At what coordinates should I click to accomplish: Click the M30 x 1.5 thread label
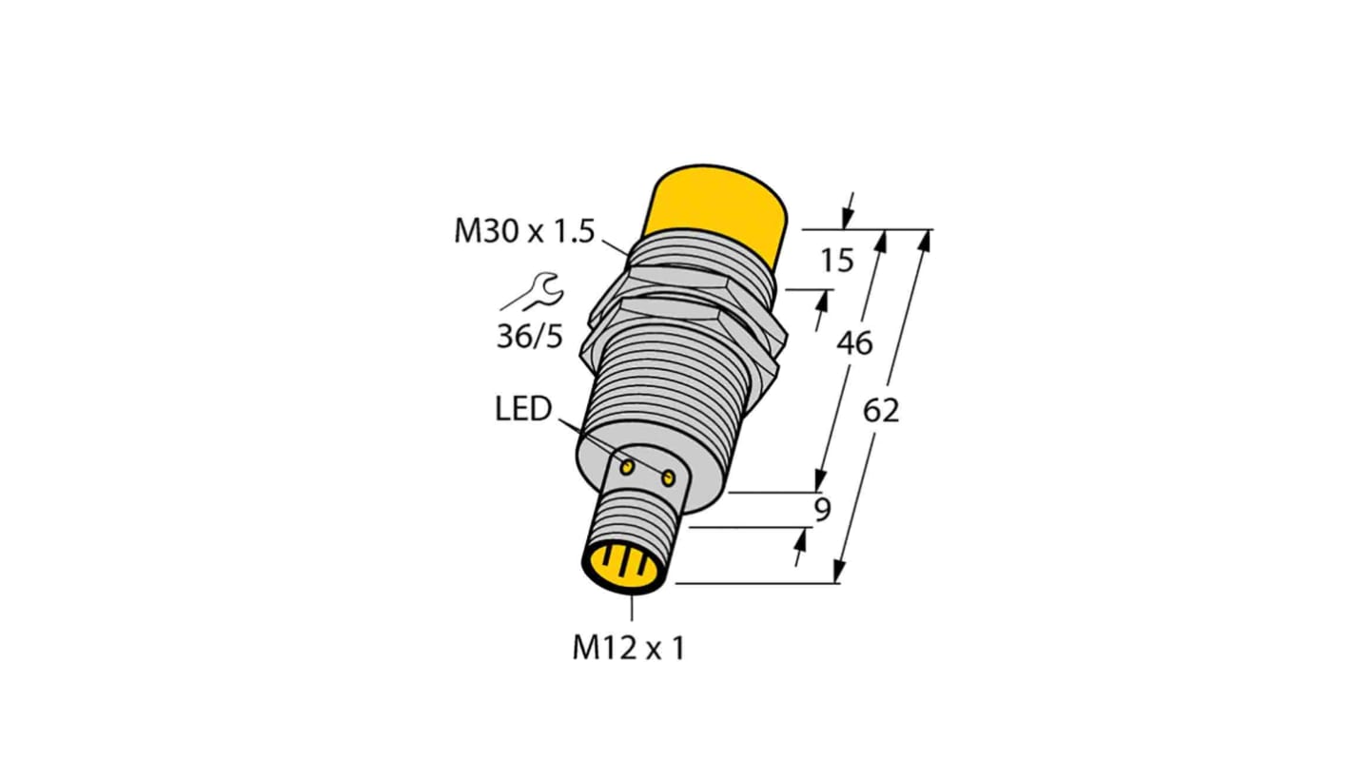[523, 231]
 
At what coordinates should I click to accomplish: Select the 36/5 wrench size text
[530, 337]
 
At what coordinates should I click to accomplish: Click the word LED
[522, 410]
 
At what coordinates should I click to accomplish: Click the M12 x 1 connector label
[629, 648]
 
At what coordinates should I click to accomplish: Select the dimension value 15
[837, 260]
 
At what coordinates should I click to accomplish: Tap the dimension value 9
[822, 511]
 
